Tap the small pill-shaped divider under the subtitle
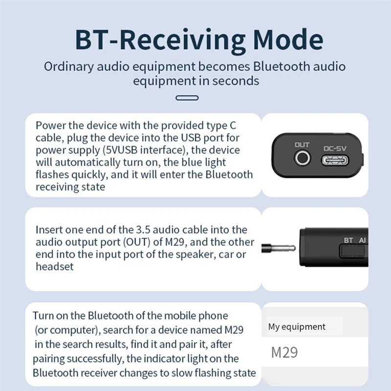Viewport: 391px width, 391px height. point(187,98)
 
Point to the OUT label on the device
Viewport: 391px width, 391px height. point(302,145)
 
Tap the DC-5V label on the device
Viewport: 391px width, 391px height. point(335,148)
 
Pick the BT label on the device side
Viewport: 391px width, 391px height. point(348,240)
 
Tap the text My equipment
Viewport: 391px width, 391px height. point(297,327)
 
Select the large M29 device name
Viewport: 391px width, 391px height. point(284,352)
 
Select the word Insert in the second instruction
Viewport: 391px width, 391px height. point(49,230)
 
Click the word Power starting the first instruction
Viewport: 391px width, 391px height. point(50,125)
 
